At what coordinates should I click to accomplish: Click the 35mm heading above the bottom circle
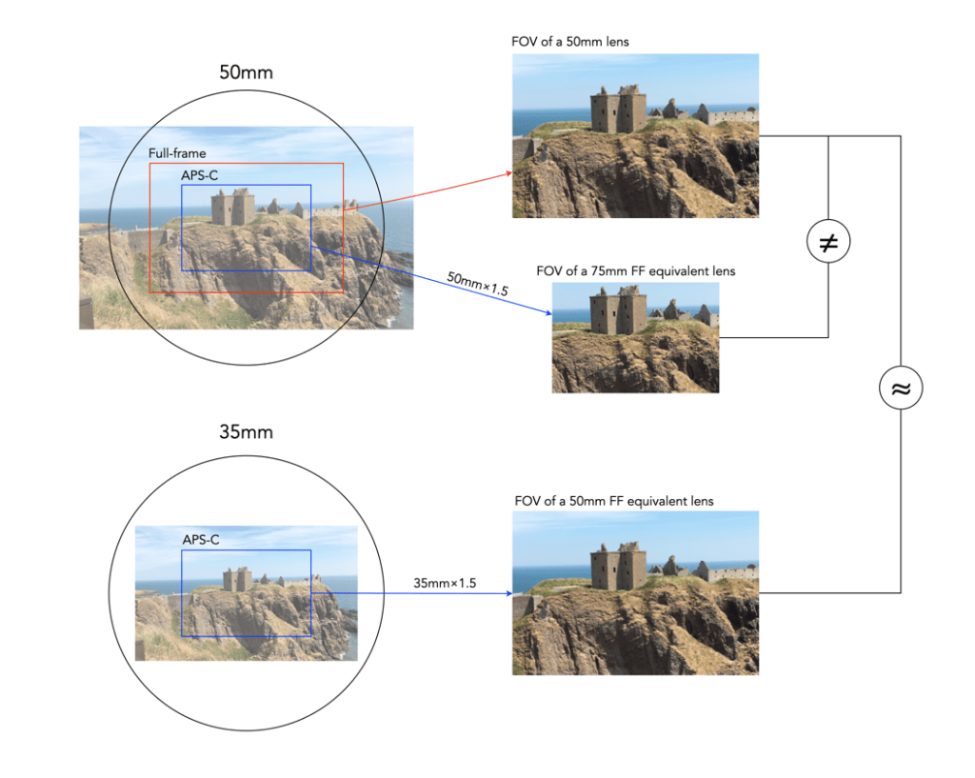[246, 431]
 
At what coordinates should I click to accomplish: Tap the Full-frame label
[177, 152]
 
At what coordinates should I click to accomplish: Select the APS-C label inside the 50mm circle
[200, 175]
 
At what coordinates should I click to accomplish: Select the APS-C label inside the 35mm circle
[201, 540]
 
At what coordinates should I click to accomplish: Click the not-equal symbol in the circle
[828, 243]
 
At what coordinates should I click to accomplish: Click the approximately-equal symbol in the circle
[900, 389]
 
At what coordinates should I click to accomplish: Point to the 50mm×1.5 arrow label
[476, 285]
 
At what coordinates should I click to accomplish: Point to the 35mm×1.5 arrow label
[445, 582]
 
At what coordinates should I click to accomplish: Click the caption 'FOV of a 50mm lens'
[569, 42]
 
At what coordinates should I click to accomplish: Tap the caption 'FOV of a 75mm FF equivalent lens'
[636, 271]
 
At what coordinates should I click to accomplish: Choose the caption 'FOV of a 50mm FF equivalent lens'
[613, 500]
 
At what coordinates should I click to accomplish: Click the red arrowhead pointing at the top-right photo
[508, 173]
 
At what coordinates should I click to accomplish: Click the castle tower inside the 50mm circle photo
[232, 207]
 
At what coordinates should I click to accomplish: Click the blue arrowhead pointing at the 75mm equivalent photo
[547, 313]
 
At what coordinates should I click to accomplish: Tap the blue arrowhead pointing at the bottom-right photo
[507, 592]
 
